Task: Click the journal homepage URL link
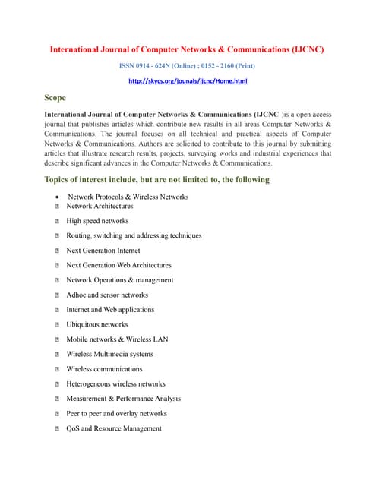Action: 188,80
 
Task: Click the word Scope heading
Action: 55,98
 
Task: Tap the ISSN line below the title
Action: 188,66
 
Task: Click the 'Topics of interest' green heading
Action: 156,180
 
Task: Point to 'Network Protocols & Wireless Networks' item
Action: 128,197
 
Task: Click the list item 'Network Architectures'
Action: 100,206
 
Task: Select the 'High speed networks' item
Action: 97,221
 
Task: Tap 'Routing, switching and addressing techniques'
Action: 134,235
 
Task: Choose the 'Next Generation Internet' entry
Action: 103,251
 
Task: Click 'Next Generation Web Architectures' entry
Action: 118,265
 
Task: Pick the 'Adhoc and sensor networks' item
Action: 107,295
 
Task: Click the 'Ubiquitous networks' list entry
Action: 97,324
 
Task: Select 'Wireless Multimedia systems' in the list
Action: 109,354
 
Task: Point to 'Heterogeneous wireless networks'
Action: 115,384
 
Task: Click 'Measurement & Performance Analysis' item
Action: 123,399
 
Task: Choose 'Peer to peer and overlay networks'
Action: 116,414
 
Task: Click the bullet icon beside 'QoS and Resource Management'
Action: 58,429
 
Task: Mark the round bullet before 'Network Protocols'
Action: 58,197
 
